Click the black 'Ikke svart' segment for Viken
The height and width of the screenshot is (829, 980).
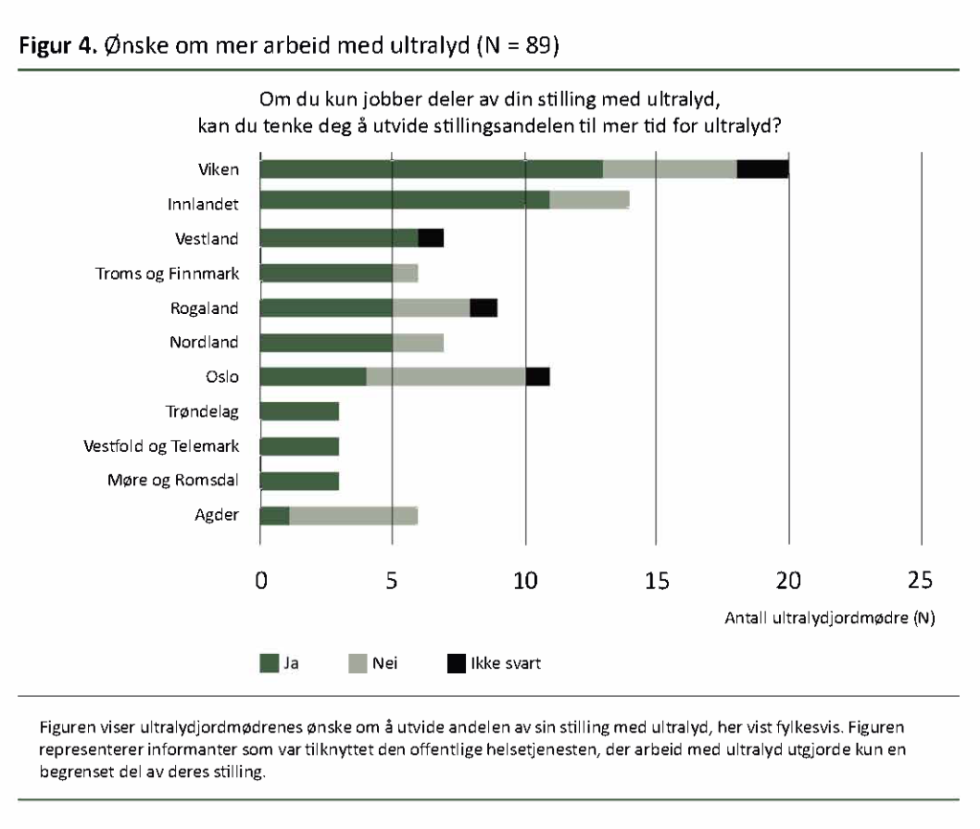pos(763,169)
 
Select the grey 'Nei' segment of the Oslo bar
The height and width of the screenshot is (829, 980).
pos(446,376)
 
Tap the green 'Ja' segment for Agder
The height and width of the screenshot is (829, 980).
pos(275,515)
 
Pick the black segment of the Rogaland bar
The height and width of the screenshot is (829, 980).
pos(483,307)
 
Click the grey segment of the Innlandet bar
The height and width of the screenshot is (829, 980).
pos(590,200)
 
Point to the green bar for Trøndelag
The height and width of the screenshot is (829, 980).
pos(300,412)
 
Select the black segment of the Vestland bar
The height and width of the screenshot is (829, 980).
pos(431,238)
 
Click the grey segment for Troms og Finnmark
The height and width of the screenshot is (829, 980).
pos(405,273)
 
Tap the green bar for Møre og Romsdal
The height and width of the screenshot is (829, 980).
pos(300,481)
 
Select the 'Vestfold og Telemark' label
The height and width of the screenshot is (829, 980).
pos(162,446)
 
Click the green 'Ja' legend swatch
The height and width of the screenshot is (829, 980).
pos(268,662)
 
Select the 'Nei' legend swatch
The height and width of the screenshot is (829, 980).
pos(359,662)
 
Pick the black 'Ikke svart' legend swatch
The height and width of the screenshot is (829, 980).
pos(457,662)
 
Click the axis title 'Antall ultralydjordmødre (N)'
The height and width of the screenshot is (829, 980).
pos(830,618)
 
